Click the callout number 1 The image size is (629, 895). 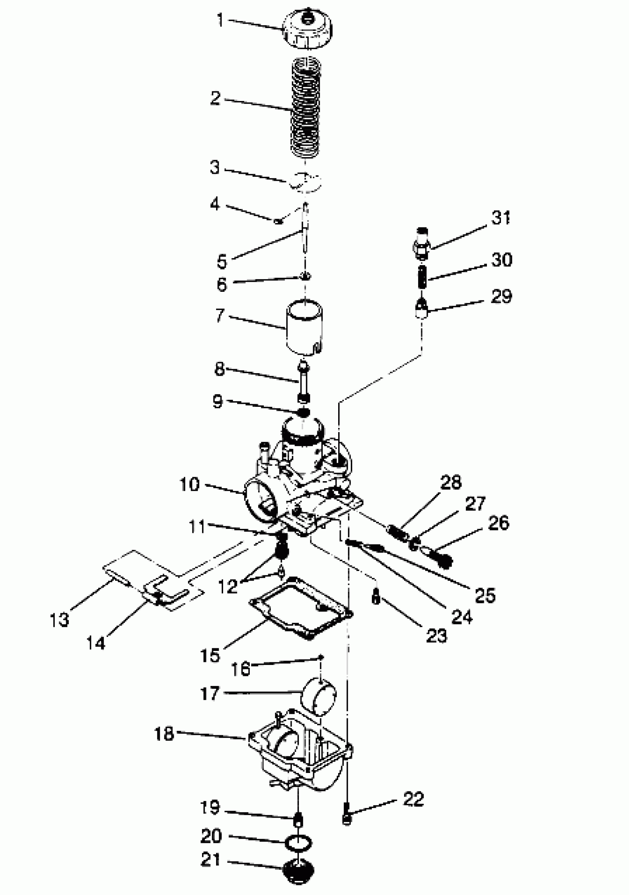click(x=220, y=20)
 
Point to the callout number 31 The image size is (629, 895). click(x=501, y=218)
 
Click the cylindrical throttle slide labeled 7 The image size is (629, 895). click(x=305, y=327)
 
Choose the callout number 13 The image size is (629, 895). click(x=59, y=620)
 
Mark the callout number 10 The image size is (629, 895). click(x=189, y=484)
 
